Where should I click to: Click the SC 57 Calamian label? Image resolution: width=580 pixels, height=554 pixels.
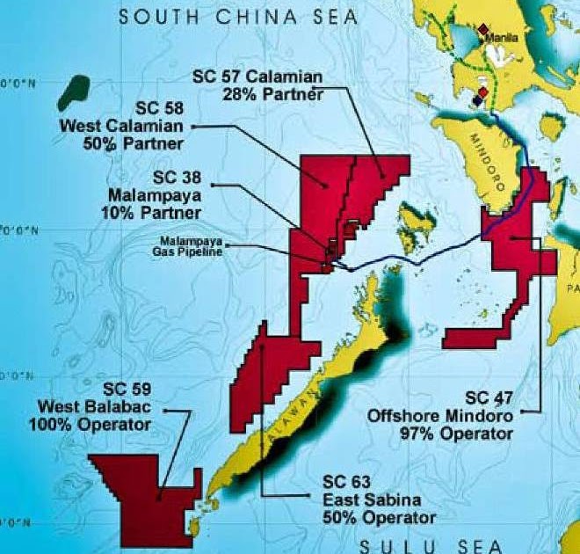(258, 77)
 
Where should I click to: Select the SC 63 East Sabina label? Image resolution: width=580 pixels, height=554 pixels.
(366, 498)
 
